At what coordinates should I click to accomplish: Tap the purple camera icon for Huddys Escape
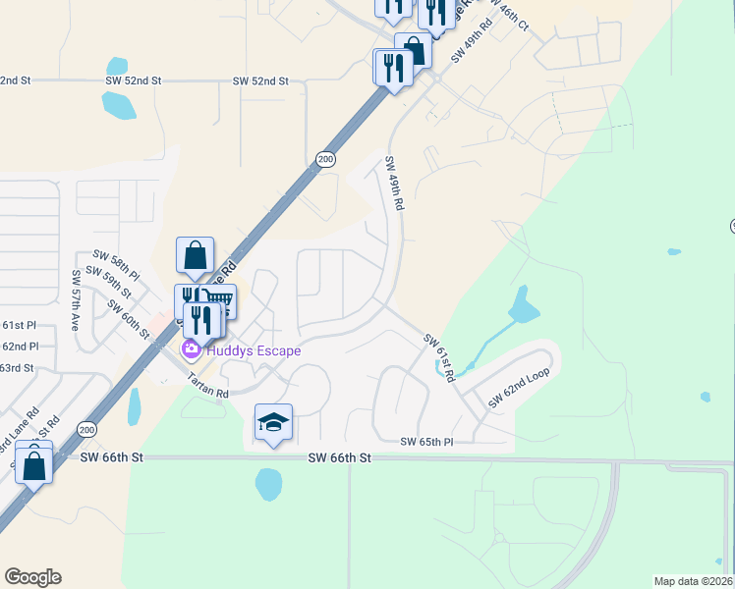(191, 349)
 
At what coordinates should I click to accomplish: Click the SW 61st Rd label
(440, 357)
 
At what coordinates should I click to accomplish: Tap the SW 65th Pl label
(425, 443)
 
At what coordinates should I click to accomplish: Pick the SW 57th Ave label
(77, 301)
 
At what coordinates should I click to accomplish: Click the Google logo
(32, 577)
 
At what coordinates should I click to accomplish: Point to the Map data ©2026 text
(693, 581)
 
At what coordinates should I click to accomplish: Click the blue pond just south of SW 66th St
(267, 482)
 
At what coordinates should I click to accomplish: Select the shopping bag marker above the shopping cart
(195, 255)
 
